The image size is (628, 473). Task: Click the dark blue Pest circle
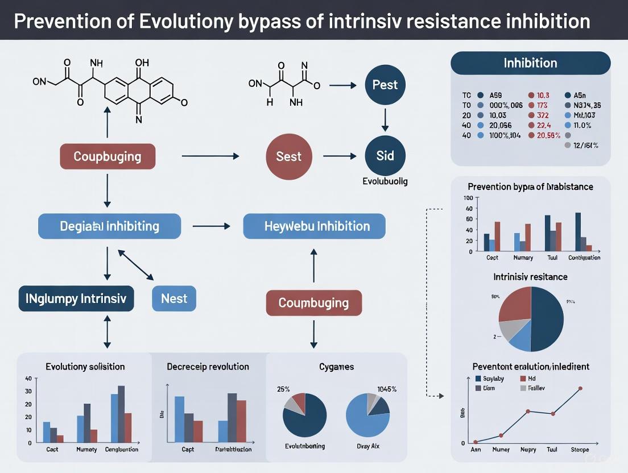tap(385, 85)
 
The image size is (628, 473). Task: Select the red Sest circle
tap(288, 156)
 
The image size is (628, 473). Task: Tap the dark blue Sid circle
tap(385, 156)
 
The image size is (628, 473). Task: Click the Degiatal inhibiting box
tap(109, 226)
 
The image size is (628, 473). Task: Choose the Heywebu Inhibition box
tap(314, 226)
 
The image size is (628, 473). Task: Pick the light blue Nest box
tap(174, 298)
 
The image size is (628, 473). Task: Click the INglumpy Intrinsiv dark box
tap(76, 298)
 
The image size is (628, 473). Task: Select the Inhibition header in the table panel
tap(530, 63)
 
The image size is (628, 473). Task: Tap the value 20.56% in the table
tap(548, 135)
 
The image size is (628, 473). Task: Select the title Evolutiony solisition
tap(85, 367)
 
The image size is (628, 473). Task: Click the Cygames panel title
tap(336, 367)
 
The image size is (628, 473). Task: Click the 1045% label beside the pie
tap(387, 389)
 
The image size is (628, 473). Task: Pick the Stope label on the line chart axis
tap(579, 450)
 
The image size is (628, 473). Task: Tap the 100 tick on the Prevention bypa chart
tap(468, 198)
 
